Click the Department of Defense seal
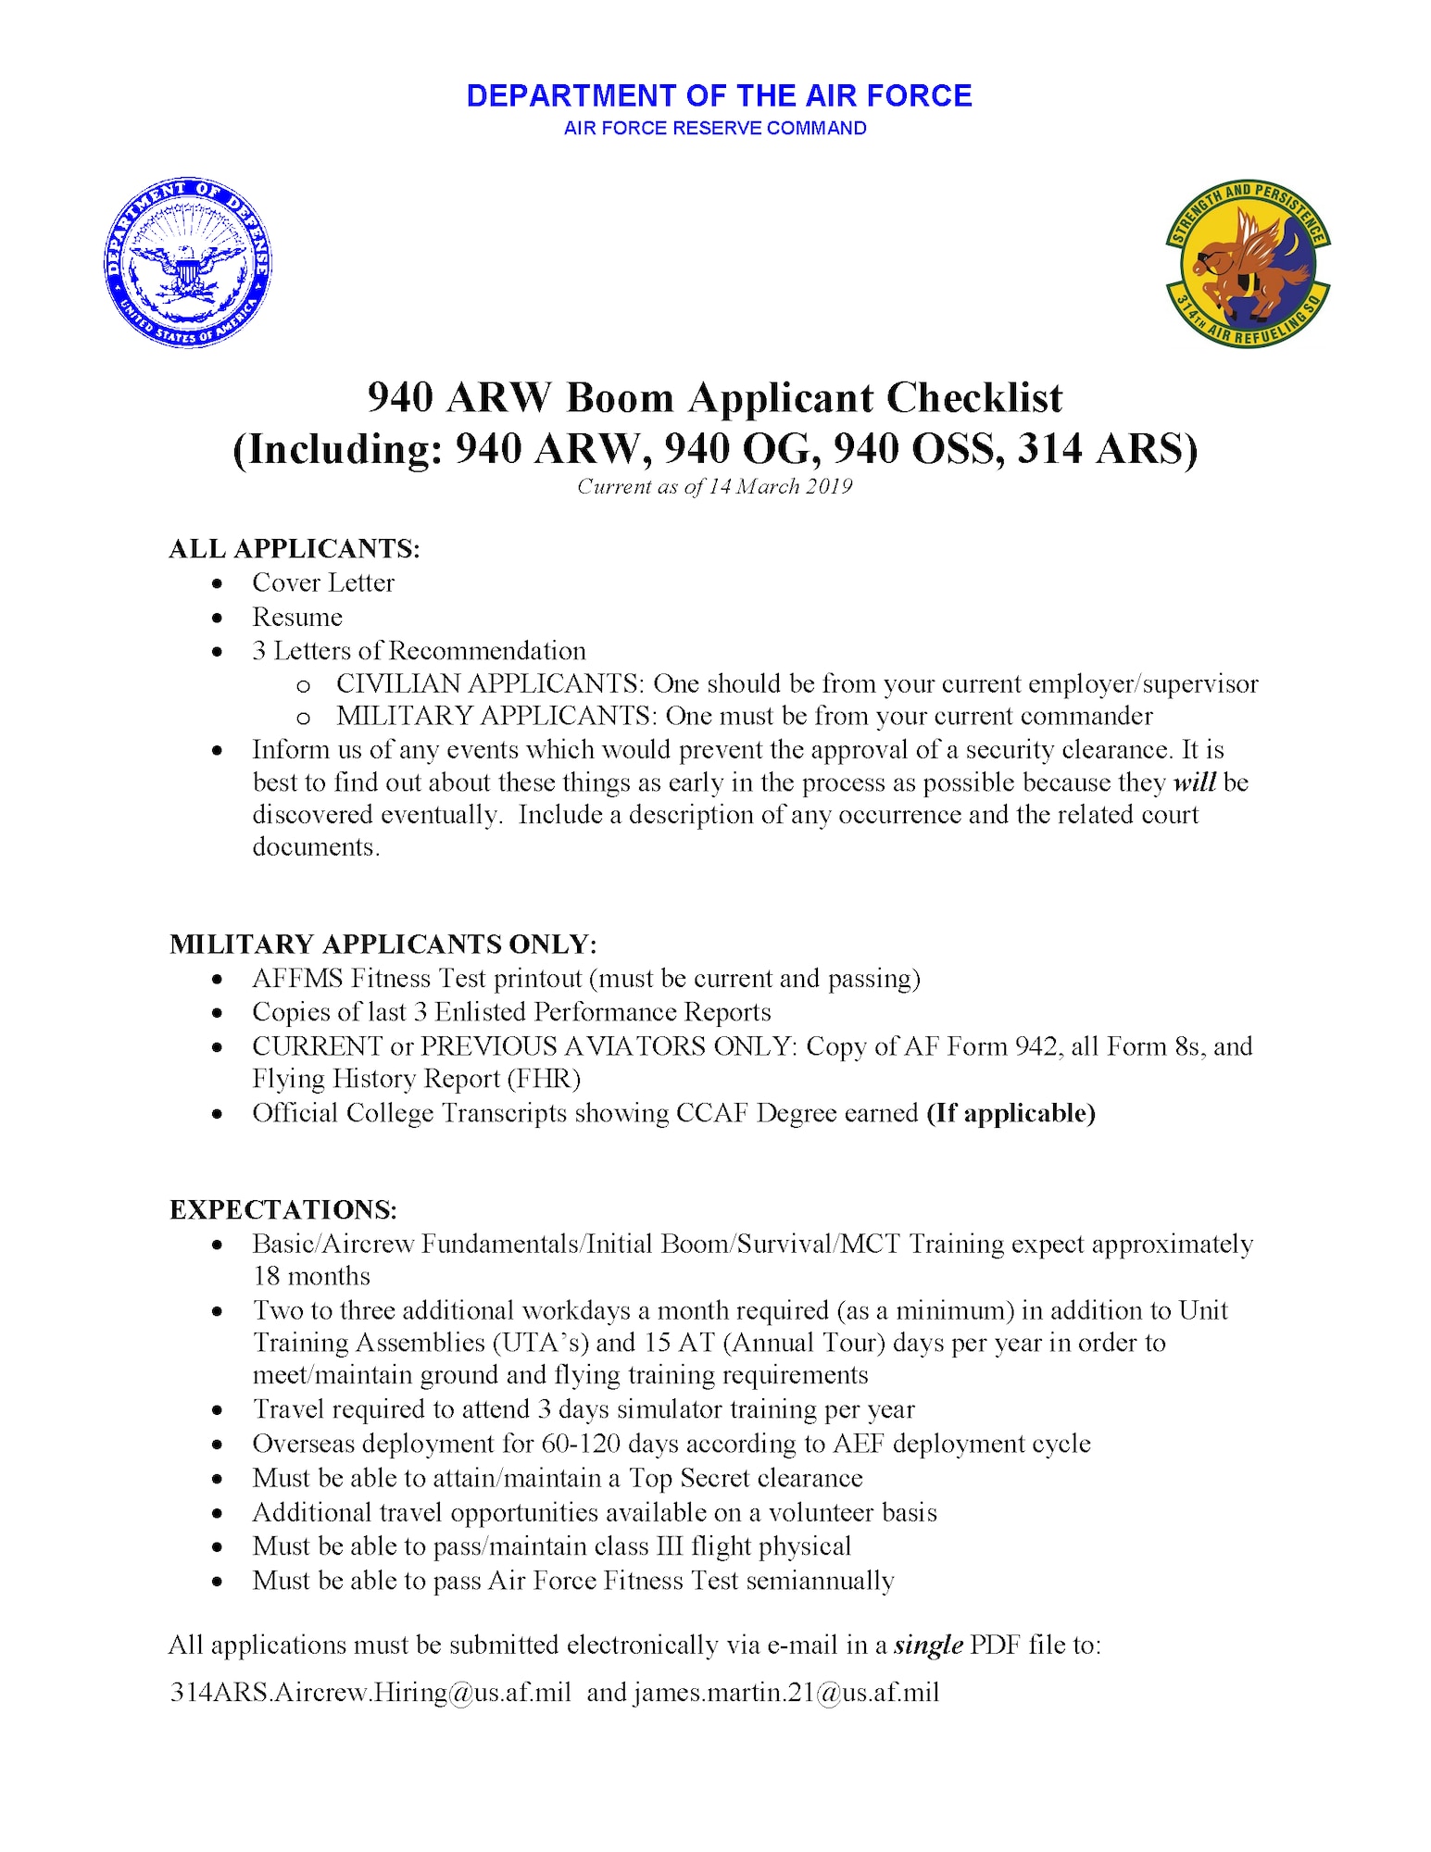pyautogui.click(x=188, y=263)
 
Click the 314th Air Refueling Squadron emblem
pyautogui.click(x=1248, y=263)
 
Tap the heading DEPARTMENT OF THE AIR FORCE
pyautogui.click(x=719, y=96)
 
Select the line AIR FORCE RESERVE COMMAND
pyautogui.click(x=715, y=129)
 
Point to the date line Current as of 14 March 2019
pyautogui.click(x=714, y=487)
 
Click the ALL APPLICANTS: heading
pyautogui.click(x=295, y=549)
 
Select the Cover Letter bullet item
pyautogui.click(x=323, y=583)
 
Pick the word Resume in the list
pyautogui.click(x=297, y=618)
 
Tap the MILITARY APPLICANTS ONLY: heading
pyautogui.click(x=383, y=945)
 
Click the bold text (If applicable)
pyautogui.click(x=1011, y=1113)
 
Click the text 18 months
pyautogui.click(x=311, y=1277)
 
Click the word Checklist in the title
pyautogui.click(x=974, y=398)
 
